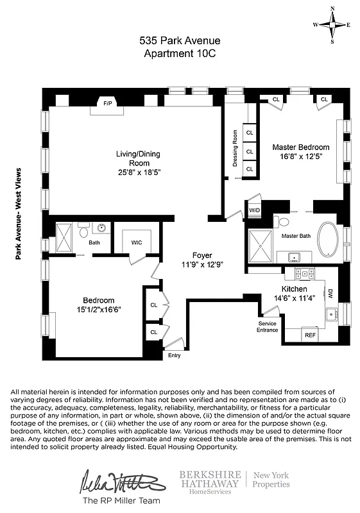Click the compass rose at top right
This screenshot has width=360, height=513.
(332, 25)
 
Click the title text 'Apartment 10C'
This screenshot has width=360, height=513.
(179, 54)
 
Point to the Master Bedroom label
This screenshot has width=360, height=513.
(300, 147)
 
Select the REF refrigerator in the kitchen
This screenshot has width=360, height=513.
(310, 335)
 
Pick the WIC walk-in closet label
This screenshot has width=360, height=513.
(137, 242)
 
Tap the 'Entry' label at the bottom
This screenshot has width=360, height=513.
(174, 355)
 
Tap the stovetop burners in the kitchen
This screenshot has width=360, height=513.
(306, 273)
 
